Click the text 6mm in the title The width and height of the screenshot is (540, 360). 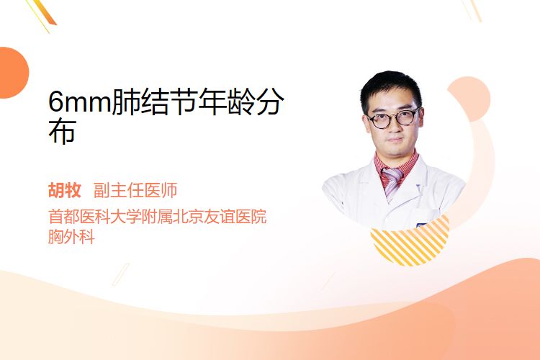80,102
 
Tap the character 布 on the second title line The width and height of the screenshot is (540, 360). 63,132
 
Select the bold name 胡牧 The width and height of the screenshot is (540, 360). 65,190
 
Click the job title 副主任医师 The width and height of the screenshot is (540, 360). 135,190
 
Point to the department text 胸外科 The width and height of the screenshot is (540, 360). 71,237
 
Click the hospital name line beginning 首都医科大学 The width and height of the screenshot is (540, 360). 158,217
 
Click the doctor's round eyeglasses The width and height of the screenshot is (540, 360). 393,118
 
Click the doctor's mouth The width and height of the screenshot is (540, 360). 395,140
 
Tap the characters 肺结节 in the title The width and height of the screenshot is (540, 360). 155,102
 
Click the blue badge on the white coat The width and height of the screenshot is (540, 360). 421,225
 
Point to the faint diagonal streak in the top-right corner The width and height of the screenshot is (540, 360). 474,9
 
